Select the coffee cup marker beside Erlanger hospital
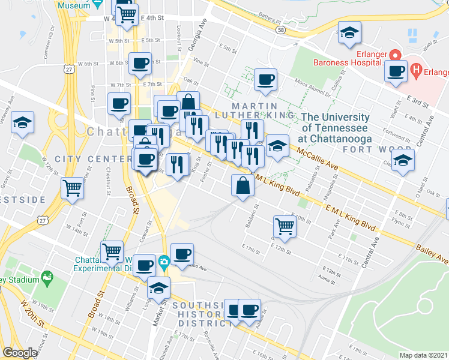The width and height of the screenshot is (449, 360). pos(396,70)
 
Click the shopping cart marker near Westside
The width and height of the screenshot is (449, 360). pos(72,187)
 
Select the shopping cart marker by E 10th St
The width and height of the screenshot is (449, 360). pos(285,226)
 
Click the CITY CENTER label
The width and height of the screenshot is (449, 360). pos(93,159)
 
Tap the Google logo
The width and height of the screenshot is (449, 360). pos(20,353)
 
